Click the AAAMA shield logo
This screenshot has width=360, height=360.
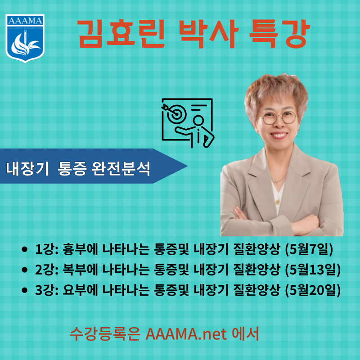click(x=25, y=38)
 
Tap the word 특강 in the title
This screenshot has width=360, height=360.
click(x=279, y=34)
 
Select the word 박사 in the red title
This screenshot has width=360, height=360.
click(x=208, y=34)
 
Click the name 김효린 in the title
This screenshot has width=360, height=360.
click(x=121, y=34)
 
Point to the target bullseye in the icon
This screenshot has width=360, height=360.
click(x=176, y=113)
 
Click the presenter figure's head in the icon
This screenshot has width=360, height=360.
click(x=198, y=121)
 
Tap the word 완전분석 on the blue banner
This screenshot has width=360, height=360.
click(x=121, y=168)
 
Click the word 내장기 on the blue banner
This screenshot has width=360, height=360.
click(x=27, y=168)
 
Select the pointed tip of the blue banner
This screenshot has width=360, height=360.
click(x=187, y=166)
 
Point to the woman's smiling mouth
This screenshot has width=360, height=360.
click(x=279, y=135)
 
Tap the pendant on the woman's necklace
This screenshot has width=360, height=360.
click(x=277, y=202)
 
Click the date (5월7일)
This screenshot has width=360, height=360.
click(x=309, y=249)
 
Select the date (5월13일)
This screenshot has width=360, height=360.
click(x=313, y=270)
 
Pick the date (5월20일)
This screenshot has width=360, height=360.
click(x=313, y=290)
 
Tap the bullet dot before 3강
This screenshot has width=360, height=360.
click(x=24, y=290)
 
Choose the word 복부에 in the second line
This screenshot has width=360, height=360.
click(x=80, y=270)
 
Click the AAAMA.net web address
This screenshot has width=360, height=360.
click(x=186, y=333)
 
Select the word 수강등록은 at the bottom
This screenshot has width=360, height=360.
click(x=105, y=333)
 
